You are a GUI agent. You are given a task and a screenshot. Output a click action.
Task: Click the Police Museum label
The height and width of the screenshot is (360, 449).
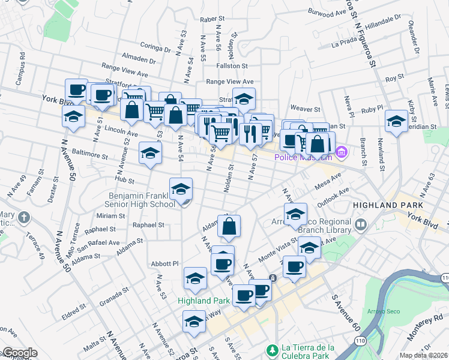pos(303,157)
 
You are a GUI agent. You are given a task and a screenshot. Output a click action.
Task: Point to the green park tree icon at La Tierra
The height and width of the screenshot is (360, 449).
pos(272,349)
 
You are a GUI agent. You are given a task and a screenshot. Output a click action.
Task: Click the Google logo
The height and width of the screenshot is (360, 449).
pos(20,353)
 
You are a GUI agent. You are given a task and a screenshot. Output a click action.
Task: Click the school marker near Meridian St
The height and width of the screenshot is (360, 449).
pos(396,122)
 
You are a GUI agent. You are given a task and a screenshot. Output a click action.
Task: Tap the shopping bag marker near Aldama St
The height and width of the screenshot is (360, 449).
pos(229,227)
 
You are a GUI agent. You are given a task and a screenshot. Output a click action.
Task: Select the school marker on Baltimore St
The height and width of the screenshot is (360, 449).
pos(150,153)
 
